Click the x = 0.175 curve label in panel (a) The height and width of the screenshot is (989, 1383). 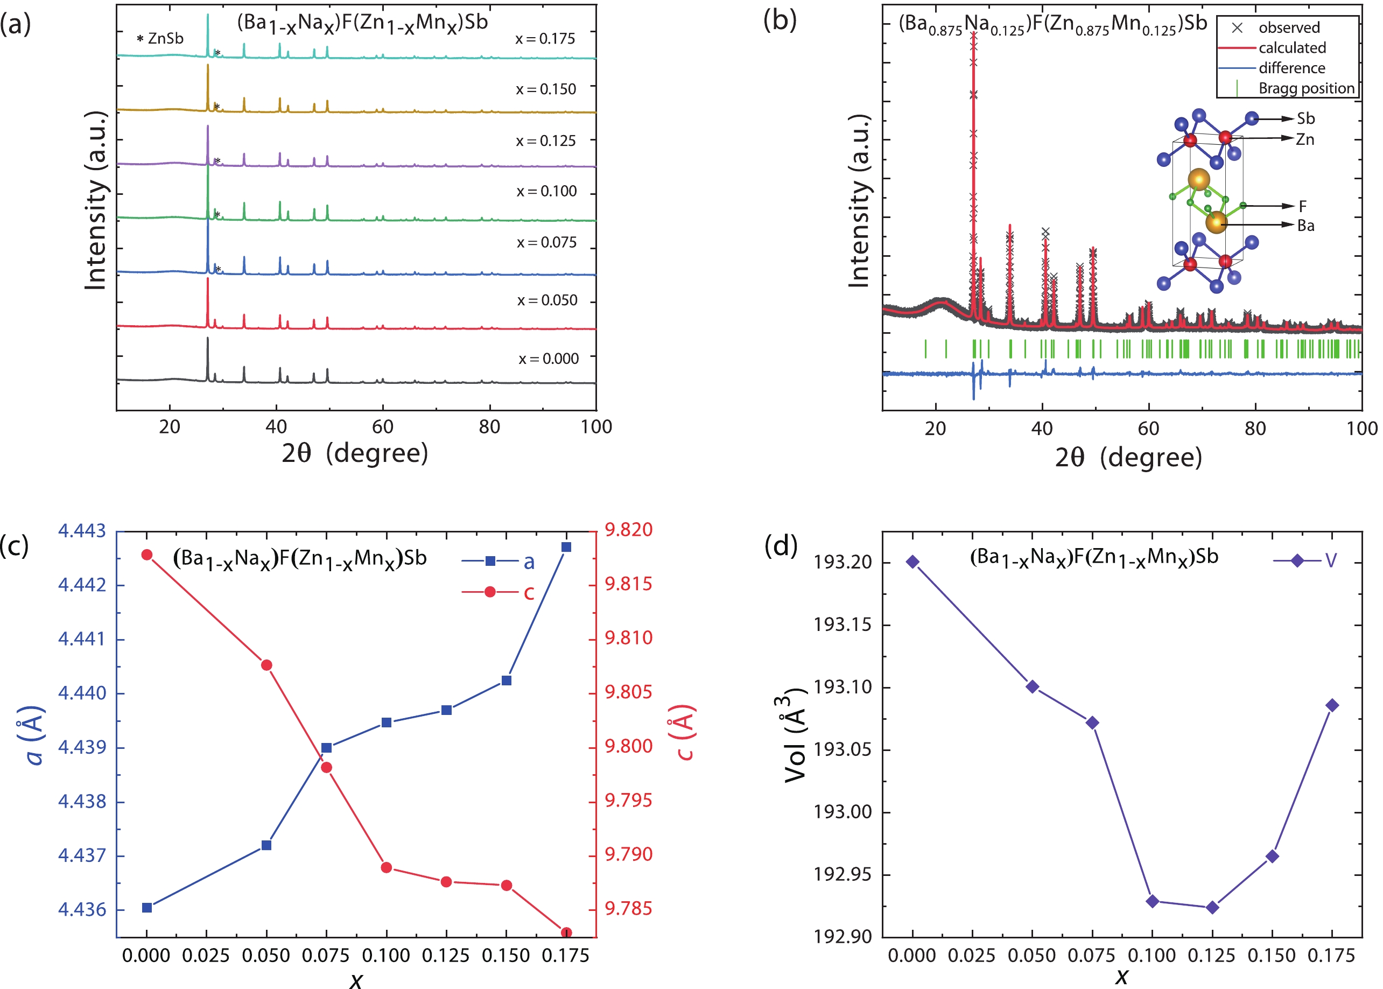tap(544, 39)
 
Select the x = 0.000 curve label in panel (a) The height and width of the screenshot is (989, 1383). tap(548, 359)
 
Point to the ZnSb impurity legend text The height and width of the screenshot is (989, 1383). tap(160, 38)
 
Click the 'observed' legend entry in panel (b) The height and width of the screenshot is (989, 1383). tap(1289, 27)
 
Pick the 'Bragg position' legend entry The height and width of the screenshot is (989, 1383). tap(1305, 88)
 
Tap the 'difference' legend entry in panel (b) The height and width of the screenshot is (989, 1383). tap(1291, 68)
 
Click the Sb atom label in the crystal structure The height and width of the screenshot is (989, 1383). tap(1305, 118)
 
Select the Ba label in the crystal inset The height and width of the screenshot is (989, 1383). tap(1305, 226)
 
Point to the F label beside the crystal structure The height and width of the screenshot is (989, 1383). tap(1303, 206)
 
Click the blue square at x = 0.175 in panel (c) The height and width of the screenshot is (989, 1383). tap(566, 547)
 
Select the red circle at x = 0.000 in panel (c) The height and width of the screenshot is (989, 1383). tap(147, 555)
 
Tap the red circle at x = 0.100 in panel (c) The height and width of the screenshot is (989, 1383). tap(386, 867)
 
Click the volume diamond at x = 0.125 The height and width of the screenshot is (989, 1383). tap(1212, 907)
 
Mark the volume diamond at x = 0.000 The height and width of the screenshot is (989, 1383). tap(912, 562)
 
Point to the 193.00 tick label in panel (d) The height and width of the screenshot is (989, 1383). tap(839, 812)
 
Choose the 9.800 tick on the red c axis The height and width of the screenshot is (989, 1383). tap(628, 746)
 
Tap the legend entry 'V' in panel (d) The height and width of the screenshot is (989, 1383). tap(1331, 560)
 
